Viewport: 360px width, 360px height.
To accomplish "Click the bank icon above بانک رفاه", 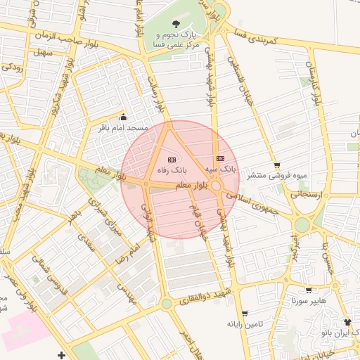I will tap(172, 160).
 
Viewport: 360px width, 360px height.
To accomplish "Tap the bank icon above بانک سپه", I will tap(220, 159).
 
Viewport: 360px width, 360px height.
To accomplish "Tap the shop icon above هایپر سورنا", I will tap(308, 290).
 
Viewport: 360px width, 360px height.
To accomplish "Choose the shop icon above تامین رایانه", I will tap(244, 313).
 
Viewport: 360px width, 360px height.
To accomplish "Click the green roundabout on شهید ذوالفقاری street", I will tap(167, 304).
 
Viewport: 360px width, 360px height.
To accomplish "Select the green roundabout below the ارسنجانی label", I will tap(302, 225).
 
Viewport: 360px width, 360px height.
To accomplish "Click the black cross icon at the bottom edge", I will tap(62, 356).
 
